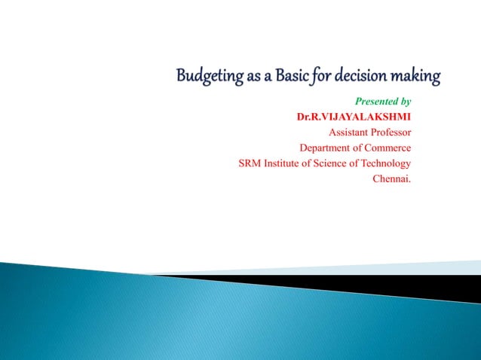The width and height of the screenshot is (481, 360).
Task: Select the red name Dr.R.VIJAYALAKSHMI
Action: (354, 117)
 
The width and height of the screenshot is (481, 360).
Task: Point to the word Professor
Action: (390, 133)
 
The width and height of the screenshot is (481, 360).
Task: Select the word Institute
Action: (282, 163)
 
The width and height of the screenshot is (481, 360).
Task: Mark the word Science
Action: (334, 163)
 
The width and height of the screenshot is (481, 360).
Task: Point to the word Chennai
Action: (392, 178)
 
